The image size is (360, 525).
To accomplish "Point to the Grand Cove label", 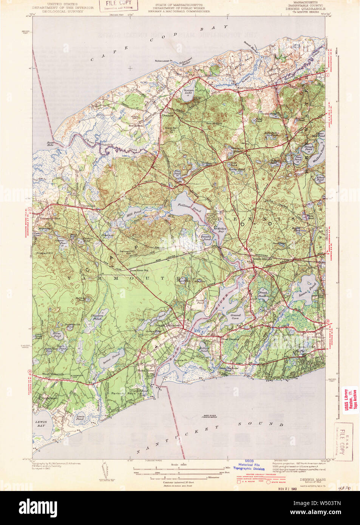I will [x=235, y=317].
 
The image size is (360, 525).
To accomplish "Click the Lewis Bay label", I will [x=41, y=423].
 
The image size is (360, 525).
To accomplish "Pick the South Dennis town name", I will [x=262, y=259].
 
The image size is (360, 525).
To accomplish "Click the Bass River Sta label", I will [x=139, y=270].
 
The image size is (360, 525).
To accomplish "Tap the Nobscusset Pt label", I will [x=163, y=60].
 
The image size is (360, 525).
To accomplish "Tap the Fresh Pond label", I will [x=263, y=293].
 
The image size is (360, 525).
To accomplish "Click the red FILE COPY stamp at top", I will [x=119, y=5].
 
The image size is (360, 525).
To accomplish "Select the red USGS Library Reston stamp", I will [x=349, y=400].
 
